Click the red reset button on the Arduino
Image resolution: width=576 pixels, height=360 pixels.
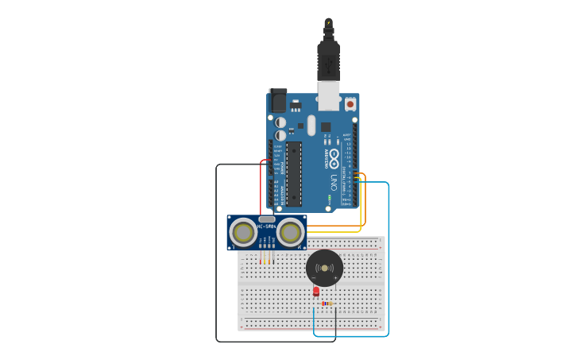(350, 104)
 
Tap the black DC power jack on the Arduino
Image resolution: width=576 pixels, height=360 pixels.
(278, 101)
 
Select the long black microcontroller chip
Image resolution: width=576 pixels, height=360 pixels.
(294, 173)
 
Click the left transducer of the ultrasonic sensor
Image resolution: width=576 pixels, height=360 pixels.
(243, 232)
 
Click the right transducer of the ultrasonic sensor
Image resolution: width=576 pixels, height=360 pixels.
(290, 232)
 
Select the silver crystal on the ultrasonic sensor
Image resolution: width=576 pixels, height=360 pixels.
(267, 219)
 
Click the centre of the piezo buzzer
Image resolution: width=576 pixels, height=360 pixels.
(324, 268)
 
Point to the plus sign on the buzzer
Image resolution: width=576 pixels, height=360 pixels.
(336, 278)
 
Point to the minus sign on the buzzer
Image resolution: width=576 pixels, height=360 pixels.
(315, 278)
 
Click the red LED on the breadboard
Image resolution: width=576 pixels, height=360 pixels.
(315, 292)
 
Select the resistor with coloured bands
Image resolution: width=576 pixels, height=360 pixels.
(327, 304)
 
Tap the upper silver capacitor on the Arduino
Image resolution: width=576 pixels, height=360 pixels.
(280, 122)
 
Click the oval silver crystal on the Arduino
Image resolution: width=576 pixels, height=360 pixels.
(311, 125)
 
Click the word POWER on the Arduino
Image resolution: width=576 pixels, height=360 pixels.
(283, 168)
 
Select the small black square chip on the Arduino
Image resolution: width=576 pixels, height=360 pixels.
(326, 126)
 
